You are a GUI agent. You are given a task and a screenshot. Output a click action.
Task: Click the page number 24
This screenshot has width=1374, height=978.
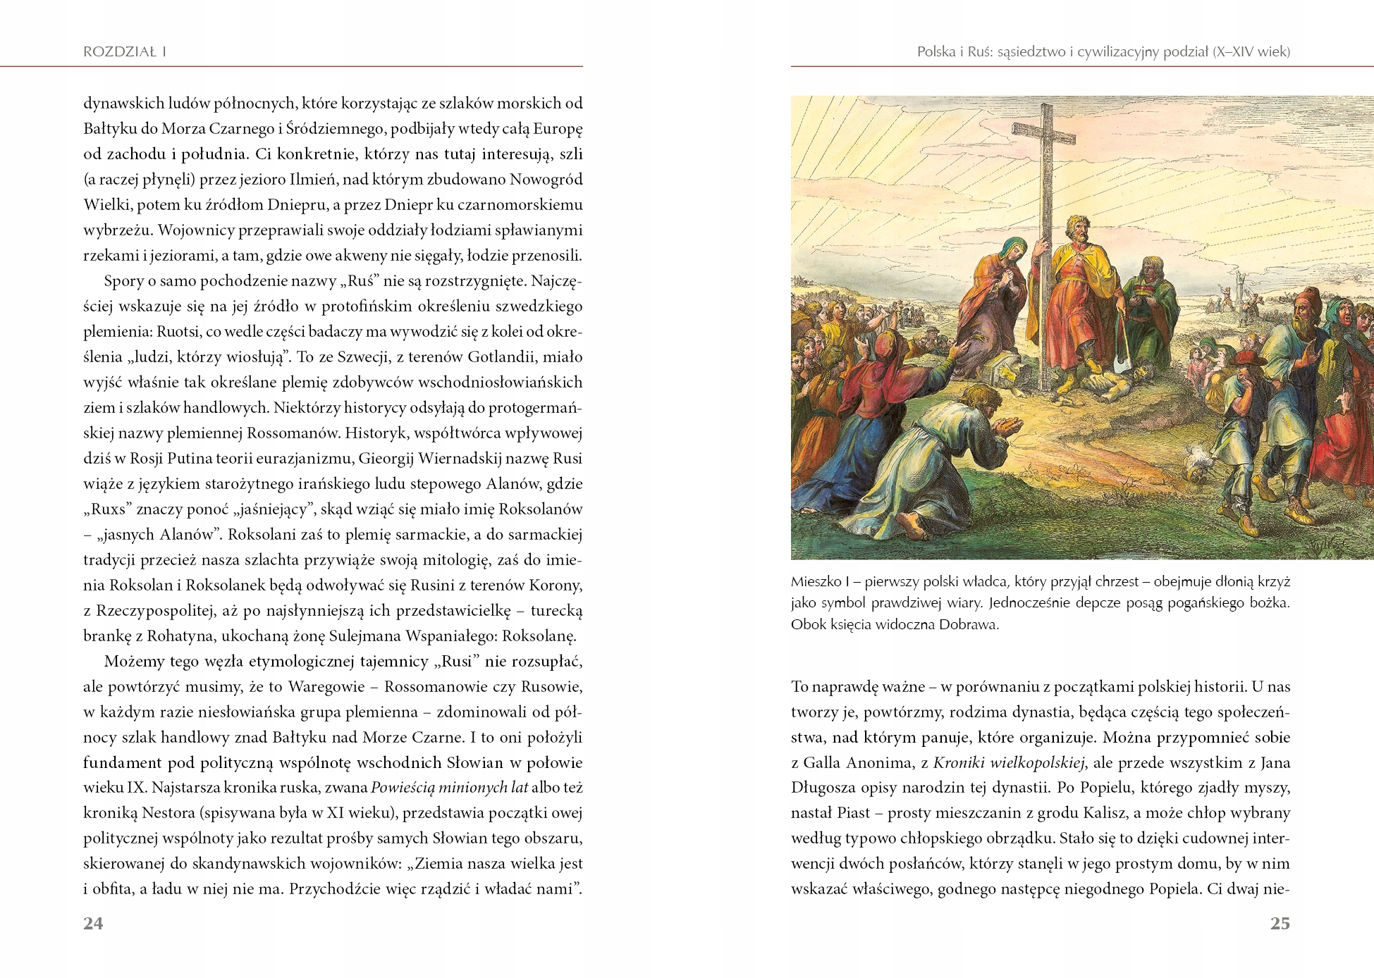pos(93,924)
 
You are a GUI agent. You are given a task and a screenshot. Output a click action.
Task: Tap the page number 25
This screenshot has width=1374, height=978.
pos(1280,924)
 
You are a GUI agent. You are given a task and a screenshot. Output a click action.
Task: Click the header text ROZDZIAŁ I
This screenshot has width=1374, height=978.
pos(125,51)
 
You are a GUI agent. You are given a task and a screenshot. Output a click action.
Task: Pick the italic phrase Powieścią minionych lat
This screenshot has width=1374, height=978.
pos(449,788)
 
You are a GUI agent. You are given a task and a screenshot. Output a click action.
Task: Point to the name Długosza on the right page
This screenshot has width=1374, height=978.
pos(825,788)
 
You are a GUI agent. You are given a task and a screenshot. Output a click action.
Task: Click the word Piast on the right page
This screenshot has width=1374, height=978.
pos(854,813)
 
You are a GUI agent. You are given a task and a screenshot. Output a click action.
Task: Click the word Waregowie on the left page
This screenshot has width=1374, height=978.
pos(326,687)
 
